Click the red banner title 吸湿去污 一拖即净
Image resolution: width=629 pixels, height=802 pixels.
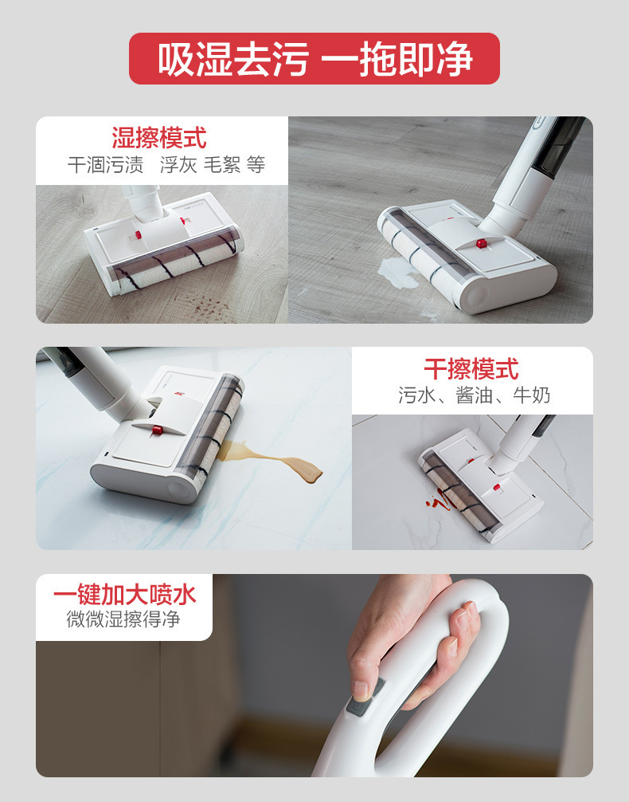coord(314,59)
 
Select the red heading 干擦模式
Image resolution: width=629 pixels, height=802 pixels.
coord(471,369)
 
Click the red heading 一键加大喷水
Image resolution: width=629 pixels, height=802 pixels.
coord(124,595)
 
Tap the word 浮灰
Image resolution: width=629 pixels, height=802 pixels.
coord(178,165)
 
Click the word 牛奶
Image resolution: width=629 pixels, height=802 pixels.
coord(531,395)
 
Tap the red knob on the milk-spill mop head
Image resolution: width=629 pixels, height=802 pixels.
coord(481,242)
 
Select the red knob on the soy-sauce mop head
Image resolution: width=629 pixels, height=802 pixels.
coord(158,430)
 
